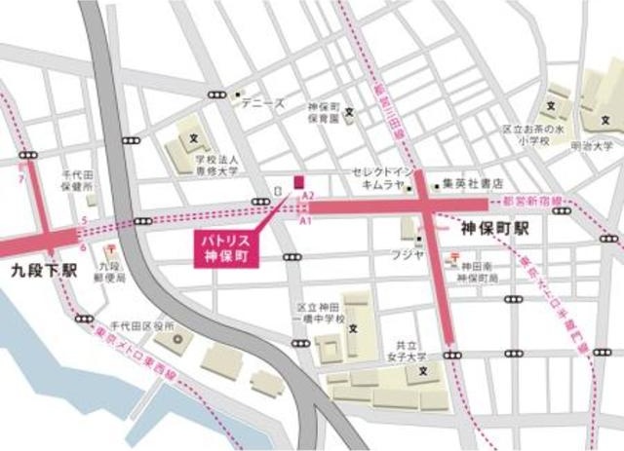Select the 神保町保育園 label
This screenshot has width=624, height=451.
322,112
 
